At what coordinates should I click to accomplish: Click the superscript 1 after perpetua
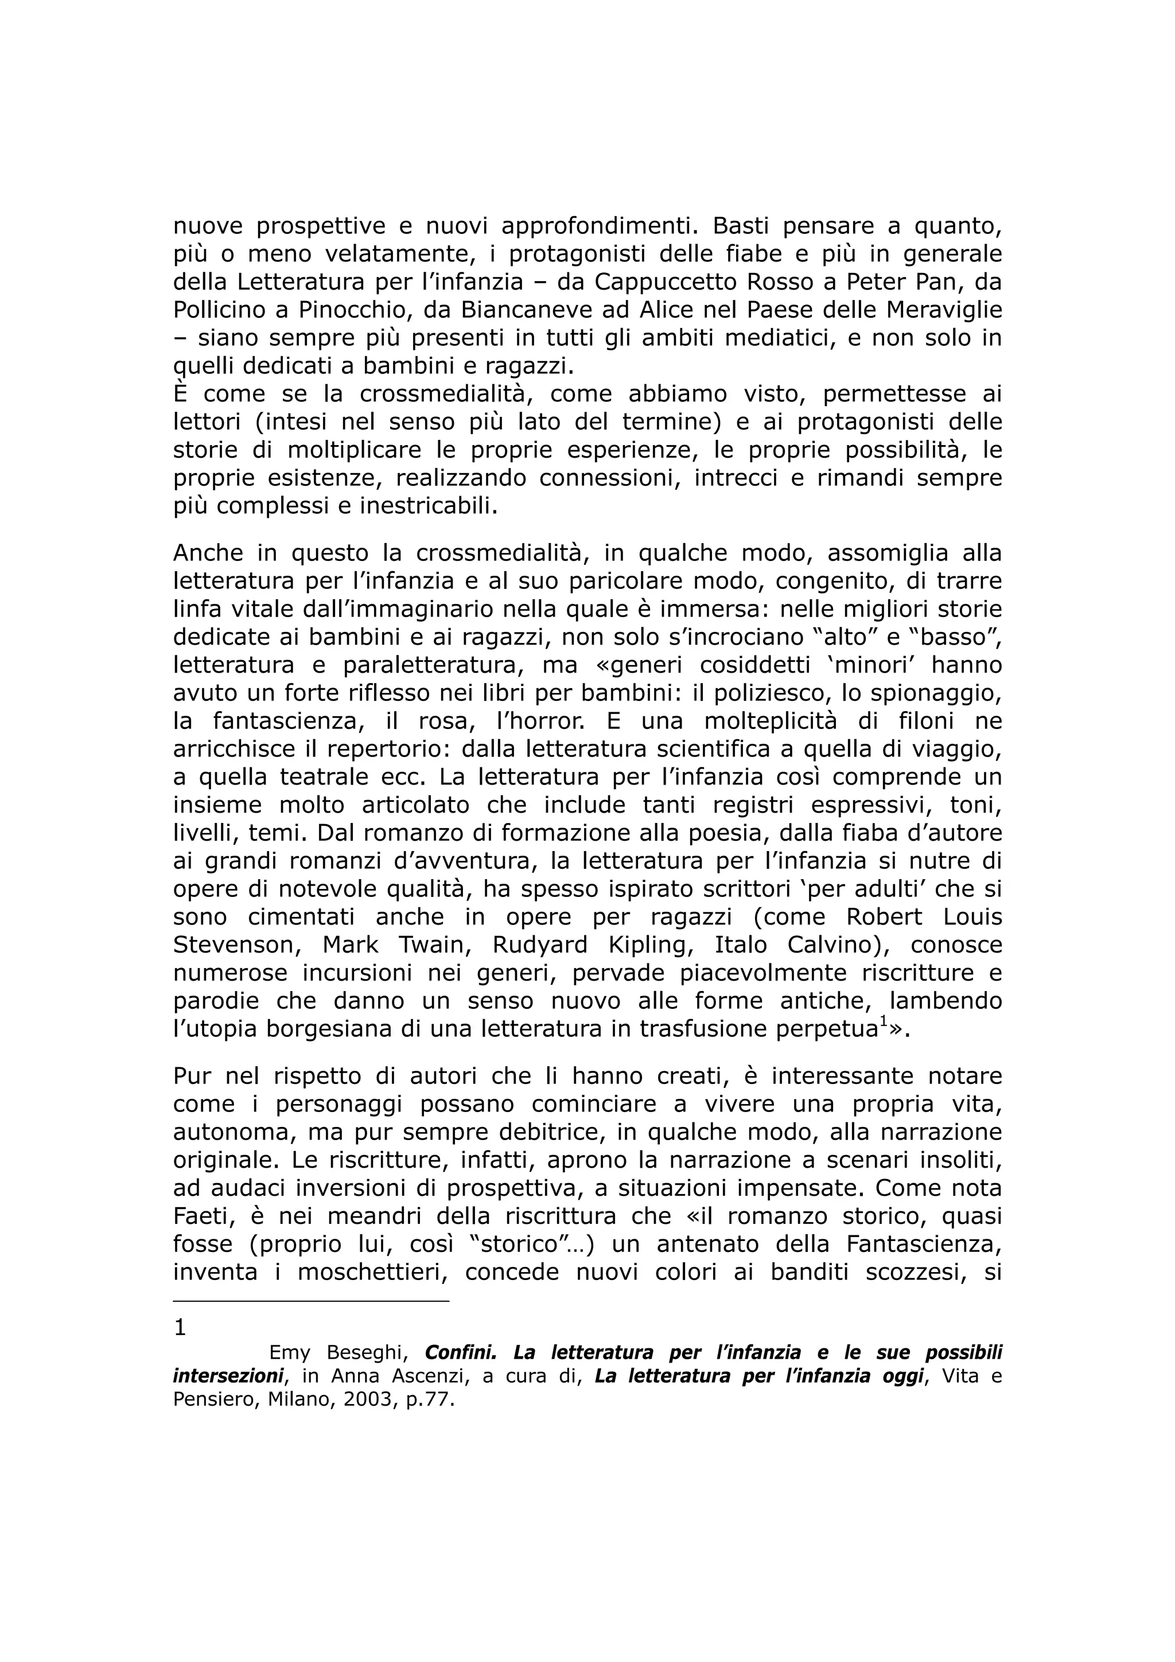(883, 1022)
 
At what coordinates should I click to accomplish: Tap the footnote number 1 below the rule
(180, 1328)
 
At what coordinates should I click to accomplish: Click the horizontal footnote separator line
(312, 1301)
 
